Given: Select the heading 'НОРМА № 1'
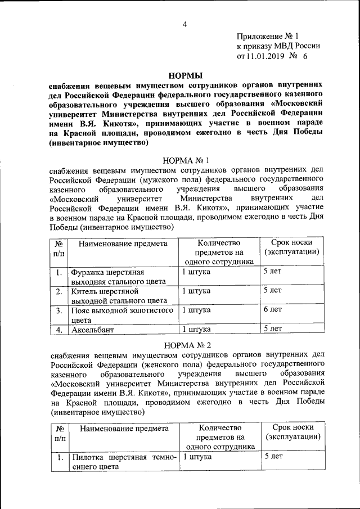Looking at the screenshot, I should [x=186, y=160].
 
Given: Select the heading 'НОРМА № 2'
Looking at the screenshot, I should [x=186, y=344].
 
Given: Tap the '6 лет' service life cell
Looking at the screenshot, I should [x=273, y=309].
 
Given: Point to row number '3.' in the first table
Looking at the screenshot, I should [x=58, y=310].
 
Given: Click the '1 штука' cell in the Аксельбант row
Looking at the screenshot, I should [x=196, y=329].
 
